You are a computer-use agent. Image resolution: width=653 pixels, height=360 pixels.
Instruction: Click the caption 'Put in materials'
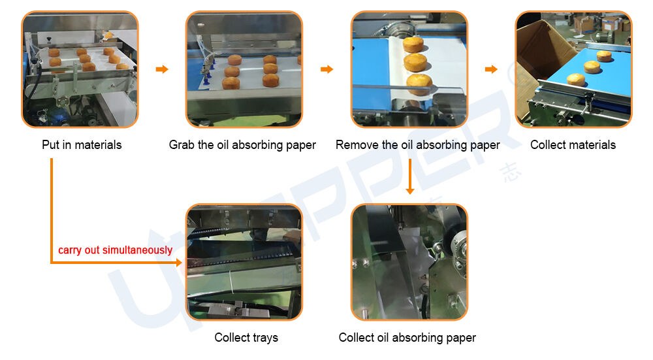pyautogui.click(x=82, y=144)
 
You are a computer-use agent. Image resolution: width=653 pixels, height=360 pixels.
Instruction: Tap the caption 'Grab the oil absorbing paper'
pyautogui.click(x=242, y=144)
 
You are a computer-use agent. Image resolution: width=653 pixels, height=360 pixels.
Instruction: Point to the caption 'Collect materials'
pyautogui.click(x=573, y=144)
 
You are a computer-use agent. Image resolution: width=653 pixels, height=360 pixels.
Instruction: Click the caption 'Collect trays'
pyautogui.click(x=246, y=338)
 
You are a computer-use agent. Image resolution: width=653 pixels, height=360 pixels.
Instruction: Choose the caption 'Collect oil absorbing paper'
pyautogui.click(x=407, y=338)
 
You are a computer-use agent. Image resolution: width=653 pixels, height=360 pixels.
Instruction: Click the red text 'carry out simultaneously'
pyautogui.click(x=116, y=250)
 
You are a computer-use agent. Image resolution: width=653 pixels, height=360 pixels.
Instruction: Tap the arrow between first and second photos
pyautogui.click(x=162, y=69)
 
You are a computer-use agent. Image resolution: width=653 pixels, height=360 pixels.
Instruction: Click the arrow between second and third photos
pyautogui.click(x=326, y=69)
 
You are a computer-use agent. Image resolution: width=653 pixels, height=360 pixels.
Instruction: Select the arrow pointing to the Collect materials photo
pyautogui.click(x=491, y=69)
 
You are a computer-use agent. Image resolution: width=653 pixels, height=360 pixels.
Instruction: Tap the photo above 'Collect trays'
pyautogui.click(x=244, y=262)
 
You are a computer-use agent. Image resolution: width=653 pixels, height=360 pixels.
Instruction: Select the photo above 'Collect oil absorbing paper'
pyautogui.click(x=409, y=262)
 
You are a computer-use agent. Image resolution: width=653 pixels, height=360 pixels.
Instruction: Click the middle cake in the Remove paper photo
pyautogui.click(x=415, y=63)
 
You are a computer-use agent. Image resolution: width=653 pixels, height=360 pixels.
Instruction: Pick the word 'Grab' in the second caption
pyautogui.click(x=182, y=144)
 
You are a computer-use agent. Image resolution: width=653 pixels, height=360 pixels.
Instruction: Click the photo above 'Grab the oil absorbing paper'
pyautogui.click(x=244, y=69)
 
